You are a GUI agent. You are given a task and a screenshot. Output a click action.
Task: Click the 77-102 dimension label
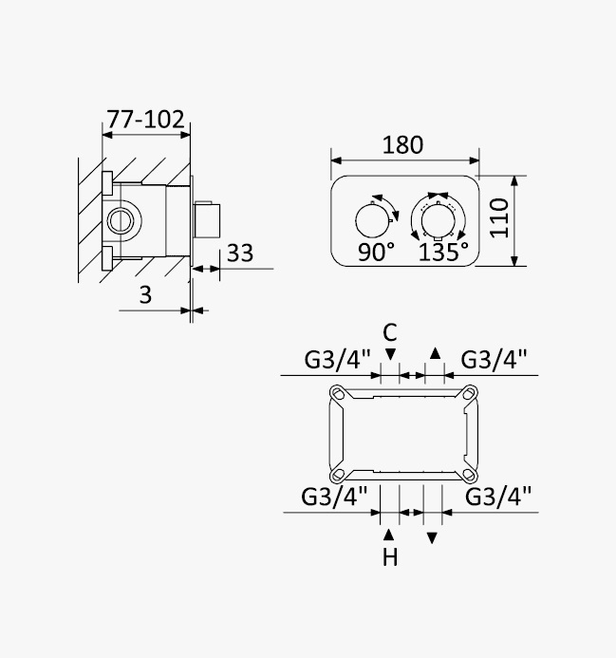(x=145, y=120)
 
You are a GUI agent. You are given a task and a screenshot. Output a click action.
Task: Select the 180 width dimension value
(x=402, y=145)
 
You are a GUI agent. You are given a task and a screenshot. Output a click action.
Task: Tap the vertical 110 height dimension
(x=499, y=218)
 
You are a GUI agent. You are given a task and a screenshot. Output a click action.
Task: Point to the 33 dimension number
(x=240, y=254)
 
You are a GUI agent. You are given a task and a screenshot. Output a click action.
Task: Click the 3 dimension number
(x=145, y=295)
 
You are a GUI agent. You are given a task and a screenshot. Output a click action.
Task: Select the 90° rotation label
(x=377, y=253)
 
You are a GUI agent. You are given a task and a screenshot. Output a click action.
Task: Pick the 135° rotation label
(x=443, y=253)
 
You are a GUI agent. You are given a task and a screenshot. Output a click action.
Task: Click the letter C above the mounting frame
(x=390, y=333)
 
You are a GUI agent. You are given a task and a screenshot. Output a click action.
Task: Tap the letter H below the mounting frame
(x=390, y=557)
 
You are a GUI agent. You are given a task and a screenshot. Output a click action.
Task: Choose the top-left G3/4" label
(x=337, y=360)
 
